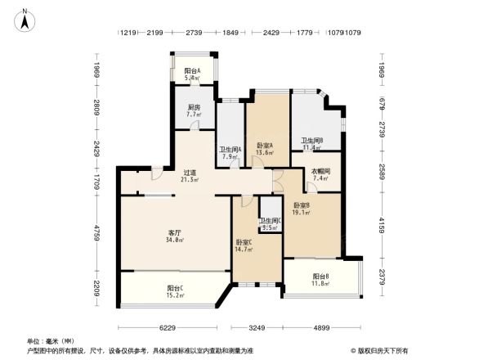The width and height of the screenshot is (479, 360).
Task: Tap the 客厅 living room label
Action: tap(174, 232)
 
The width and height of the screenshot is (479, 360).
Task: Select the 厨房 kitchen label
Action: tap(193, 107)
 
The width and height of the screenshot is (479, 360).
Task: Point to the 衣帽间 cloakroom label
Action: tap(320, 170)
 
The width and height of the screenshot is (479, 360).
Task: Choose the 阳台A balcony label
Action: tap(192, 71)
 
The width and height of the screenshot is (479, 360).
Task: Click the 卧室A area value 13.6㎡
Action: tap(264, 152)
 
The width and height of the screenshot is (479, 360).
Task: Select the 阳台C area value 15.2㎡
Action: tap(174, 295)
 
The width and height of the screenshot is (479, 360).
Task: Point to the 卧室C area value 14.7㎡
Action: tap(244, 250)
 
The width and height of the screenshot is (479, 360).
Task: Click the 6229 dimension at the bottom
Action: tap(169, 328)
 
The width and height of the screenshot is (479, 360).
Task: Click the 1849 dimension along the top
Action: tap(231, 33)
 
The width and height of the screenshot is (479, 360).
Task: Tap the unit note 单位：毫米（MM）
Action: tap(51, 340)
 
